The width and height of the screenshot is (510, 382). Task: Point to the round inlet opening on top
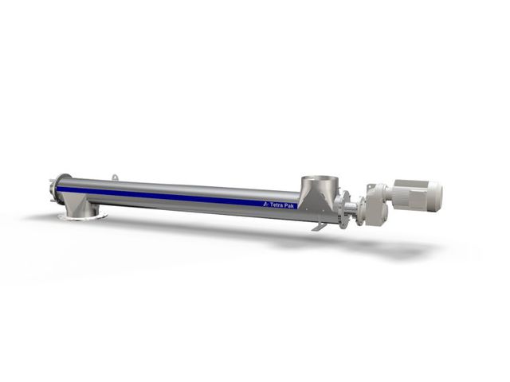[x=319, y=178]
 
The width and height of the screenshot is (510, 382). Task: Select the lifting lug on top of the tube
[x=116, y=177]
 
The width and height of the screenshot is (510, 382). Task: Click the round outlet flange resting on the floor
[x=81, y=216]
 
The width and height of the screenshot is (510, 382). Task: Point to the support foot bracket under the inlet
[x=318, y=228]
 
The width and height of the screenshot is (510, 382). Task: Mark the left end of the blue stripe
[x=60, y=188]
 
